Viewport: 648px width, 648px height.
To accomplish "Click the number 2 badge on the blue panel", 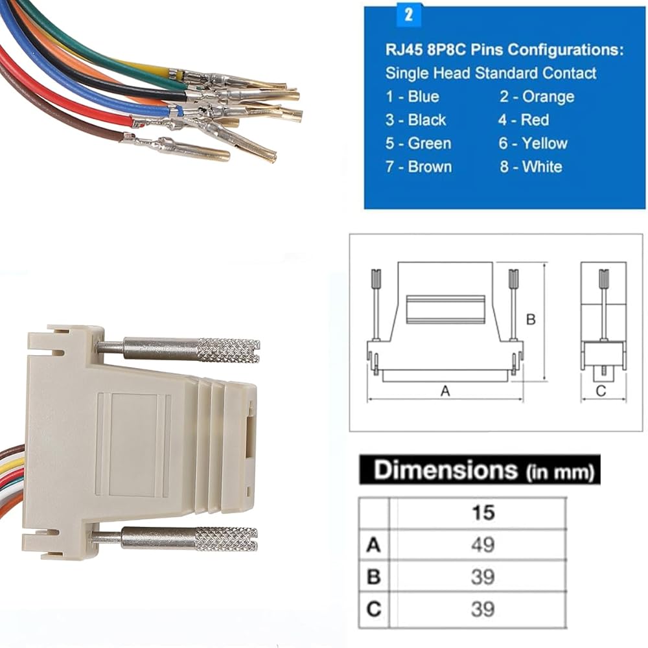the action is pyautogui.click(x=409, y=15).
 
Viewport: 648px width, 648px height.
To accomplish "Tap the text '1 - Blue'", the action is pyautogui.click(x=412, y=97).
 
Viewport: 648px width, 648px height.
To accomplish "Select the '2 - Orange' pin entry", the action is pyautogui.click(x=537, y=97).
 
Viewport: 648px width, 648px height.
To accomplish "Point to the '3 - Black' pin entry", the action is pyautogui.click(x=416, y=120).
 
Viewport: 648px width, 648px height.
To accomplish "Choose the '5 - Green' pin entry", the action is pyautogui.click(x=418, y=143).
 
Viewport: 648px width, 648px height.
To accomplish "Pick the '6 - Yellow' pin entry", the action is pyautogui.click(x=533, y=143).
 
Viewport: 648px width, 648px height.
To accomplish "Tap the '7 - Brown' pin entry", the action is pyautogui.click(x=418, y=167).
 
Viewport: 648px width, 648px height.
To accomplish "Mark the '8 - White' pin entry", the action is pyautogui.click(x=531, y=167).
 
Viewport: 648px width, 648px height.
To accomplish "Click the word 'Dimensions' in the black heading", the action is pyautogui.click(x=446, y=470).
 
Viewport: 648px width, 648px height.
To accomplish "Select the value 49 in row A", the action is pyautogui.click(x=483, y=545).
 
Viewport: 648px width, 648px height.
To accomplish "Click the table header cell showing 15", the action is pyautogui.click(x=483, y=513).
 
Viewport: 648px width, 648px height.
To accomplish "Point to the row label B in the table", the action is pyautogui.click(x=373, y=577).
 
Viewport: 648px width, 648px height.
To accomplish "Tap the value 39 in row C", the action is pyautogui.click(x=483, y=609).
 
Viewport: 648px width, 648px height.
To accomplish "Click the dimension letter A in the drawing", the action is pyautogui.click(x=445, y=391).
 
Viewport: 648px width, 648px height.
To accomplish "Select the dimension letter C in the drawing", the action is pyautogui.click(x=601, y=391).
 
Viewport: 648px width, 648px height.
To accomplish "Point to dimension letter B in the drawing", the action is pyautogui.click(x=530, y=319).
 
